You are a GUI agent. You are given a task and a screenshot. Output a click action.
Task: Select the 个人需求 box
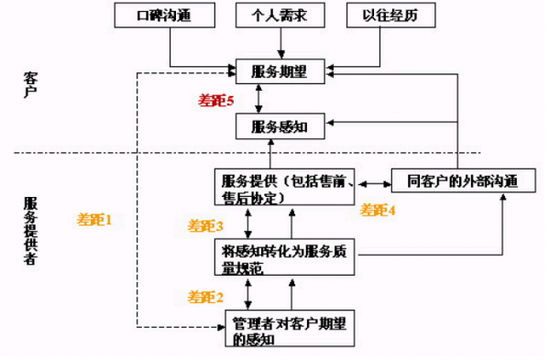272,16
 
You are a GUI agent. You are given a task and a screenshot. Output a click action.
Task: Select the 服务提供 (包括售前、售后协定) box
288,189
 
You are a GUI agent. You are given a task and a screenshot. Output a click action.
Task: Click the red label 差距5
217,98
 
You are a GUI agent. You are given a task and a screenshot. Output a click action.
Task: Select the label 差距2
206,297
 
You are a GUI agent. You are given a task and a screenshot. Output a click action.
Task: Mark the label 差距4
378,210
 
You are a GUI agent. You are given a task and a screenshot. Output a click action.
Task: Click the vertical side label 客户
32,83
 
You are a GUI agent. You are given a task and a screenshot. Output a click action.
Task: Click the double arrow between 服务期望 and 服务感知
262,98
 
